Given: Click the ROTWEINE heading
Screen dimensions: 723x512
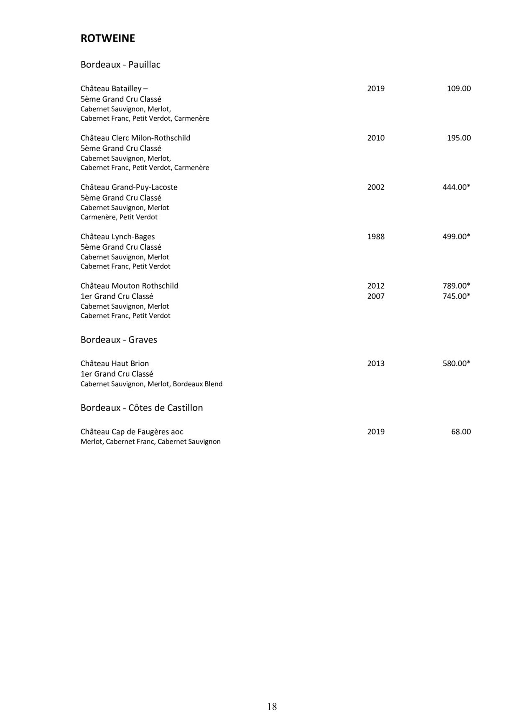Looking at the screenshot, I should (107, 38).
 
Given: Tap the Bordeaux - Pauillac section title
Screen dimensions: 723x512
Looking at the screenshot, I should (120, 65).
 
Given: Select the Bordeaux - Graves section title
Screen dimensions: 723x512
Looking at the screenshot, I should (119, 340).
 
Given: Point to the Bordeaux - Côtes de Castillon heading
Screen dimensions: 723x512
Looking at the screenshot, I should (142, 408).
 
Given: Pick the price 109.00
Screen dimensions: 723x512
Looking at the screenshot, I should (459, 89).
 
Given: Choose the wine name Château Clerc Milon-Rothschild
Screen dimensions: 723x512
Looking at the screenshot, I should (135, 138).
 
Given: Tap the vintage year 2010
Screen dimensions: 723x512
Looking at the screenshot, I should (376, 138).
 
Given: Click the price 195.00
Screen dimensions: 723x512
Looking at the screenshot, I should (459, 138).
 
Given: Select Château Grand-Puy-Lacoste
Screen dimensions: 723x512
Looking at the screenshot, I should (129, 187).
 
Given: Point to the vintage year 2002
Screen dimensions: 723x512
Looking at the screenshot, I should (376, 187).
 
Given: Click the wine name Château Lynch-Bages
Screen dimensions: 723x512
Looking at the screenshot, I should (117, 236).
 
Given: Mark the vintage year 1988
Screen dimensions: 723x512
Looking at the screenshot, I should (376, 236).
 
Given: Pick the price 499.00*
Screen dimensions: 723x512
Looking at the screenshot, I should (456, 236).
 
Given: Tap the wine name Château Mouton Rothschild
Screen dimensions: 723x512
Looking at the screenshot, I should (129, 286).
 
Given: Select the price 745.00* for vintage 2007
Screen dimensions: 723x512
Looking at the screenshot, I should (456, 296).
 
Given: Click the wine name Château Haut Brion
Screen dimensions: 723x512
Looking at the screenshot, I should (115, 363).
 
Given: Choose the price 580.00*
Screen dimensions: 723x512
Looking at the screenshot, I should (456, 363).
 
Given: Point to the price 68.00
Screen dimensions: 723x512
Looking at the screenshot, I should (461, 431).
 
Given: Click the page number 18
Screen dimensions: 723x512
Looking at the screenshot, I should (272, 706).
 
